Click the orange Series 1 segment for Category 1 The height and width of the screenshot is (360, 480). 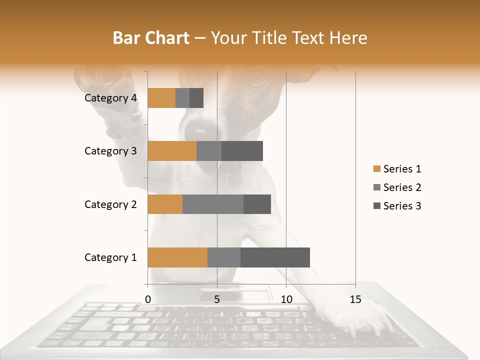pyautogui.click(x=177, y=257)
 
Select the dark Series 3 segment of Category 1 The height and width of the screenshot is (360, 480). pyautogui.click(x=275, y=257)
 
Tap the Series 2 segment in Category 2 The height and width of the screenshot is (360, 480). pyautogui.click(x=213, y=204)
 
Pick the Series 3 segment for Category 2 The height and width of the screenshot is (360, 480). pyautogui.click(x=257, y=204)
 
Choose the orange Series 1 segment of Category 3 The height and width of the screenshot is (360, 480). pyautogui.click(x=172, y=151)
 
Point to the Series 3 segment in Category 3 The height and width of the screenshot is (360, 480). pyautogui.click(x=242, y=151)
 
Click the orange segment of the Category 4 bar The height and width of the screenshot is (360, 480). pyautogui.click(x=161, y=98)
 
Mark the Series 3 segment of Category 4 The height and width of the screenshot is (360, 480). pyautogui.click(x=196, y=98)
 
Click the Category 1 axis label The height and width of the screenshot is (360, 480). pyautogui.click(x=110, y=257)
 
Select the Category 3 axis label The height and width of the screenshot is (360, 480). pyautogui.click(x=110, y=151)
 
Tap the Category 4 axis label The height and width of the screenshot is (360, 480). pyautogui.click(x=110, y=98)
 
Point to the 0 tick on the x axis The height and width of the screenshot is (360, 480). pyautogui.click(x=148, y=299)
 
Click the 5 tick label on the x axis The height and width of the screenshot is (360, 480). pyautogui.click(x=217, y=299)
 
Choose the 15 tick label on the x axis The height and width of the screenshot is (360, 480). pyautogui.click(x=355, y=299)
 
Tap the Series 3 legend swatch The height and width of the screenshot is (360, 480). pyautogui.click(x=376, y=206)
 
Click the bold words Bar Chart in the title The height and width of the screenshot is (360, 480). pyautogui.click(x=151, y=37)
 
